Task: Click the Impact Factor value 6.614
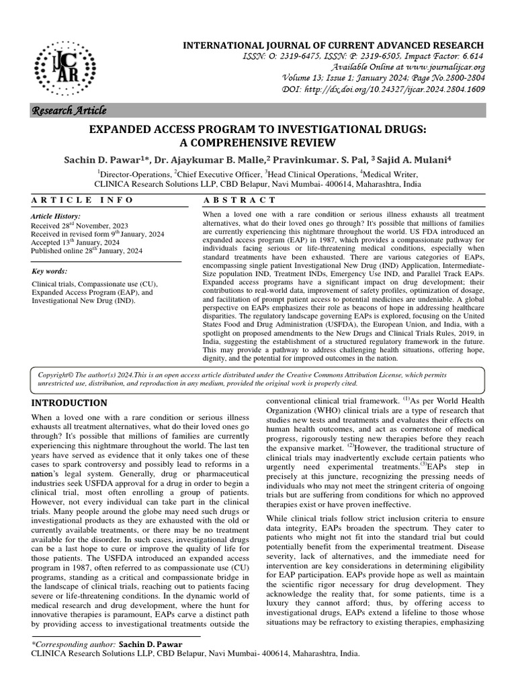(x=470, y=56)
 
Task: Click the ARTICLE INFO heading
(x=82, y=200)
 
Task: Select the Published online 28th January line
(x=87, y=251)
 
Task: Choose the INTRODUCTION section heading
(x=69, y=403)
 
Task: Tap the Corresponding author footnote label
(x=74, y=644)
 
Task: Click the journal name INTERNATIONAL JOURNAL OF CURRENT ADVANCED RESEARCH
(x=334, y=44)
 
